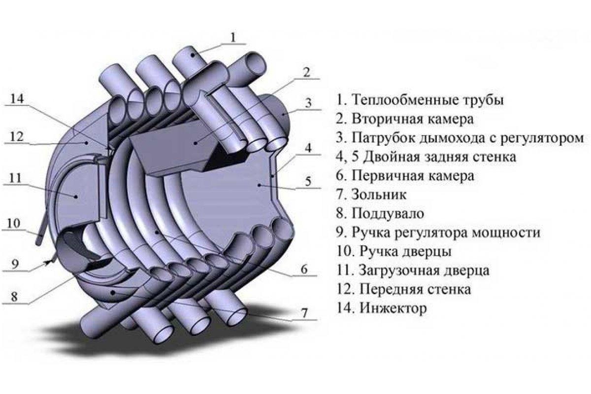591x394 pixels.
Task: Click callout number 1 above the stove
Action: (232, 37)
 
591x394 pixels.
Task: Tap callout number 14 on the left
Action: (17, 98)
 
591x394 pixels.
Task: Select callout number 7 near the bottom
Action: (304, 313)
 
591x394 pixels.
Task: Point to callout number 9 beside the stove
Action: (15, 264)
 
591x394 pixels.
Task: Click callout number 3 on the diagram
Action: (308, 103)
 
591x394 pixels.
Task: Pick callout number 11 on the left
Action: (15, 178)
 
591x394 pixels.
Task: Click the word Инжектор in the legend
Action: (394, 308)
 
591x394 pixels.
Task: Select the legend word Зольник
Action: (379, 195)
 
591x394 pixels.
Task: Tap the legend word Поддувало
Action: (388, 214)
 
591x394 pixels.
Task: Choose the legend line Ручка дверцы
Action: (394, 252)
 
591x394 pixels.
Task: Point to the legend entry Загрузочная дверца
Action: (413, 270)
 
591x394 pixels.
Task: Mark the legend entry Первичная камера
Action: (405, 176)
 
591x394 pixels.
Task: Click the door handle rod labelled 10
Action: (42, 228)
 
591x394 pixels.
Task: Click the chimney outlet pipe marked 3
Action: (280, 114)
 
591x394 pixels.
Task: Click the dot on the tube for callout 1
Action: (193, 55)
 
